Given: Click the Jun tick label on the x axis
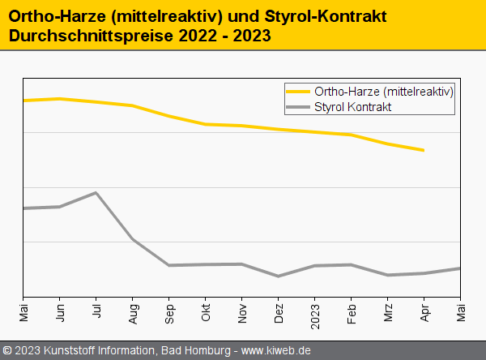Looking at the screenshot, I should click(60, 311).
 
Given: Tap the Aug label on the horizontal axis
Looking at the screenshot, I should click(133, 312).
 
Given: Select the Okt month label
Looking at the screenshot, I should click(206, 311).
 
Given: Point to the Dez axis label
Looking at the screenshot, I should click(279, 312).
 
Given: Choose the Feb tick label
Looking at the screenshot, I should click(352, 311).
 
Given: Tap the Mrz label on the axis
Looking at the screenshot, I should click(388, 311).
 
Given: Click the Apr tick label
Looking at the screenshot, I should click(424, 311).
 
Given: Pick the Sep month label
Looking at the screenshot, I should click(169, 312).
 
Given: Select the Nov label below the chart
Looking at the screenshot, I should click(242, 311).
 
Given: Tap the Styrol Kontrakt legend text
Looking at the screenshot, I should click(353, 107).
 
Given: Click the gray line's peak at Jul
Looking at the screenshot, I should click(96, 193).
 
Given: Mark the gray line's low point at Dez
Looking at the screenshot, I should click(279, 276).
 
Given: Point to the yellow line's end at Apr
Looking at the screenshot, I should click(424, 150).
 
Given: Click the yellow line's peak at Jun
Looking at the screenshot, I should click(60, 99).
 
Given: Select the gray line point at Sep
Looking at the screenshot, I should click(169, 265).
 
